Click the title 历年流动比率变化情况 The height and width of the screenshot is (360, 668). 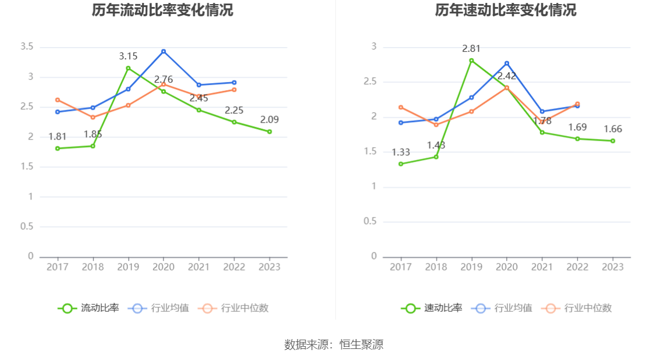click(162, 10)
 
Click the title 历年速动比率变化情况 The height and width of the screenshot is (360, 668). click(506, 10)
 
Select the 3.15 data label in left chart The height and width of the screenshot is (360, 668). click(128, 56)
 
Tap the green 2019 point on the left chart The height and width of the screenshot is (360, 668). click(128, 68)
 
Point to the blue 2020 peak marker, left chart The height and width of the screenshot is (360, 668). click(164, 51)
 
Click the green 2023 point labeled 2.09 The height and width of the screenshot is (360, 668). click(269, 131)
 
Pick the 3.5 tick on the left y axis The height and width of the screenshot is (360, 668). click(27, 47)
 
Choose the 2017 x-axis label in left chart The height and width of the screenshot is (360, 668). click(57, 266)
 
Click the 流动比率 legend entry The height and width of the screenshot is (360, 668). click(88, 308)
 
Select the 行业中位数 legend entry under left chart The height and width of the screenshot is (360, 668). click(233, 308)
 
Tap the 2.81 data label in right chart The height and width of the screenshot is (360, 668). click(471, 49)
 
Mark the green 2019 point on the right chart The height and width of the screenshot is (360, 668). click(471, 60)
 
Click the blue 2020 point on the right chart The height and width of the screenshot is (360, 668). click(507, 63)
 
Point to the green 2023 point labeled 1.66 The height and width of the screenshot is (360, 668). click(613, 141)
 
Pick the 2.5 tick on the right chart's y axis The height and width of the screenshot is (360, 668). click(371, 82)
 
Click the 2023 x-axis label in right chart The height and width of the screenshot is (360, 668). click(613, 266)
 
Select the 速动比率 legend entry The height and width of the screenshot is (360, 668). click(432, 308)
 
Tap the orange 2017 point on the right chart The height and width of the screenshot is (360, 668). click(400, 107)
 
